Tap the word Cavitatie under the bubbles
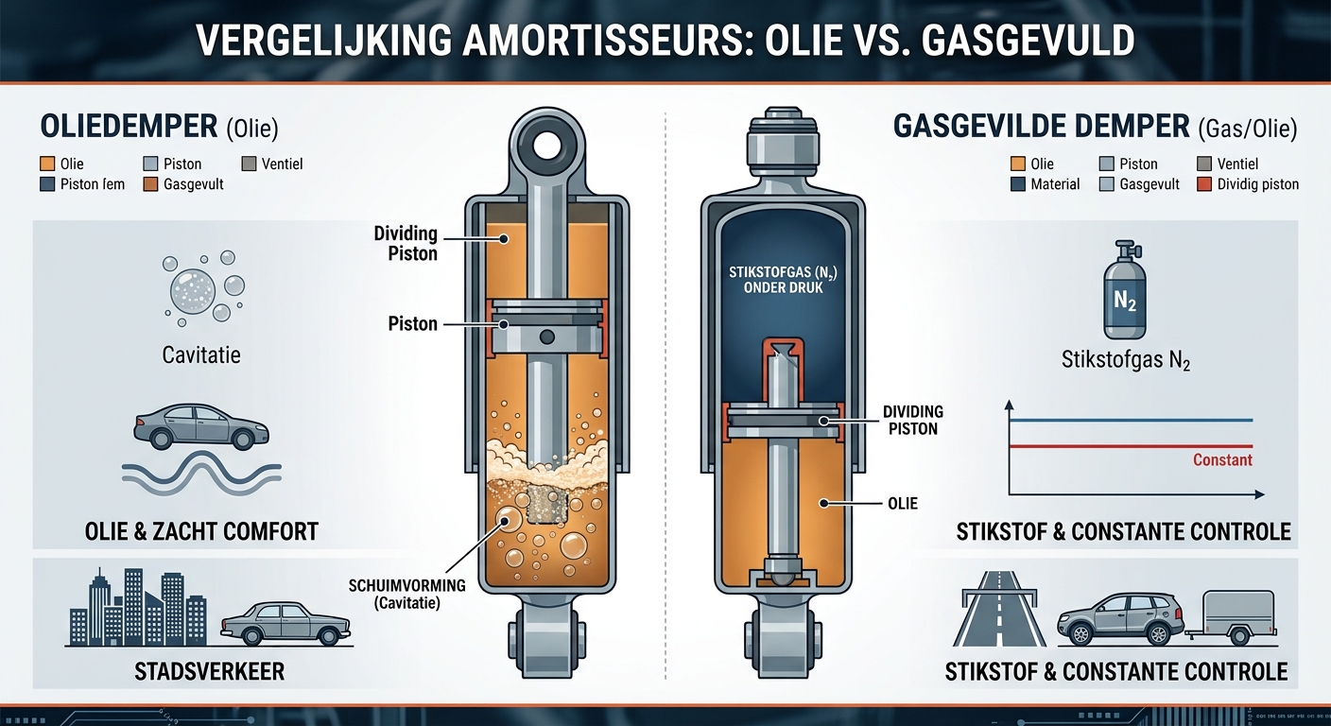click(x=201, y=355)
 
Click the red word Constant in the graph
click(x=1222, y=459)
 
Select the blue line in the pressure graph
click(x=1131, y=420)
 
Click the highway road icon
click(x=999, y=609)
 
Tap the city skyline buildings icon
click(x=138, y=607)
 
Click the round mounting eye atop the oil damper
click(x=546, y=145)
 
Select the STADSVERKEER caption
click(x=209, y=672)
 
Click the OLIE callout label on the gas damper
click(x=903, y=504)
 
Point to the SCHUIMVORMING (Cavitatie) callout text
click(x=407, y=594)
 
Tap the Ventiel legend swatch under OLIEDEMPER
click(x=249, y=164)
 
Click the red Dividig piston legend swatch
click(x=1203, y=184)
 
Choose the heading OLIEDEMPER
click(x=129, y=127)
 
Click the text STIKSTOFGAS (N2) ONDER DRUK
click(x=783, y=280)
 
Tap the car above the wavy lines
click(x=200, y=426)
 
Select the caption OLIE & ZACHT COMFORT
click(x=201, y=531)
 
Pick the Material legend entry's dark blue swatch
click(x=1018, y=184)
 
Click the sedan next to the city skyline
click(x=285, y=623)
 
